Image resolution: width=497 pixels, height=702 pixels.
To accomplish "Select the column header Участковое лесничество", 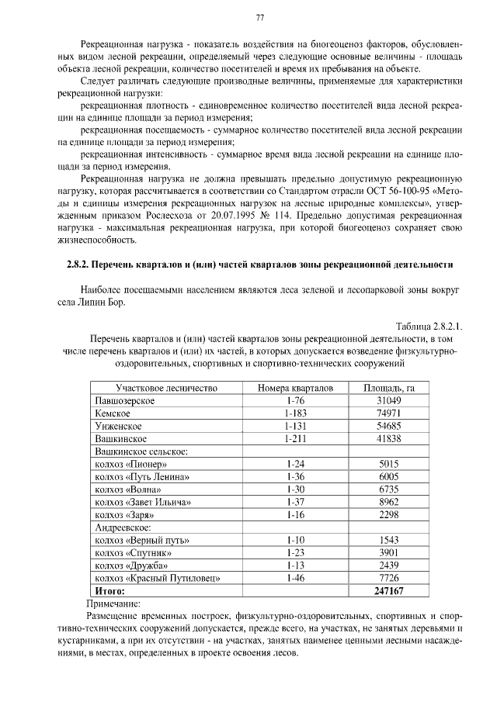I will (x=166, y=388).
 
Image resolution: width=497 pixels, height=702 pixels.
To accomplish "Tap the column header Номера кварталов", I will (x=295, y=388).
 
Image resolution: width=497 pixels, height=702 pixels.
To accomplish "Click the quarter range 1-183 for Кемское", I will (x=295, y=413).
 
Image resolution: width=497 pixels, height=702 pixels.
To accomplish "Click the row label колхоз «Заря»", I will (x=124, y=514).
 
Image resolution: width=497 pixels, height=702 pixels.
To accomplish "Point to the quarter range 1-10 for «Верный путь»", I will (x=295, y=540).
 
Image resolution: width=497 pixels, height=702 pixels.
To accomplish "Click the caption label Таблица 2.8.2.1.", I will (x=429, y=326).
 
